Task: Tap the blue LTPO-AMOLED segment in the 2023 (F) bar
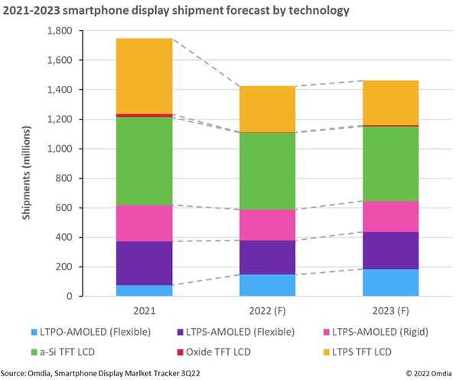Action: point(390,283)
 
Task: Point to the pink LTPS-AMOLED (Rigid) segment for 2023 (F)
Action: point(390,216)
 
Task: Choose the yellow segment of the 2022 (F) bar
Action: point(266,109)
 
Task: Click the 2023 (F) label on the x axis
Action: point(390,310)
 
